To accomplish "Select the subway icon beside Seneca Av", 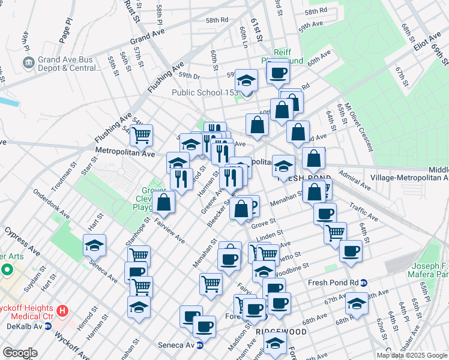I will click(200, 345).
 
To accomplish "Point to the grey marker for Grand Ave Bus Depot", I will click(29, 62).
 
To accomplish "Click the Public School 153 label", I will click(205, 92).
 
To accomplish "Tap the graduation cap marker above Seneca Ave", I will click(94, 245).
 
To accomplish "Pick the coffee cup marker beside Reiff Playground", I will click(277, 73).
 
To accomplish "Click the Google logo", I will click(20, 353).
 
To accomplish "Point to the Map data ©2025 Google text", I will click(412, 355).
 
